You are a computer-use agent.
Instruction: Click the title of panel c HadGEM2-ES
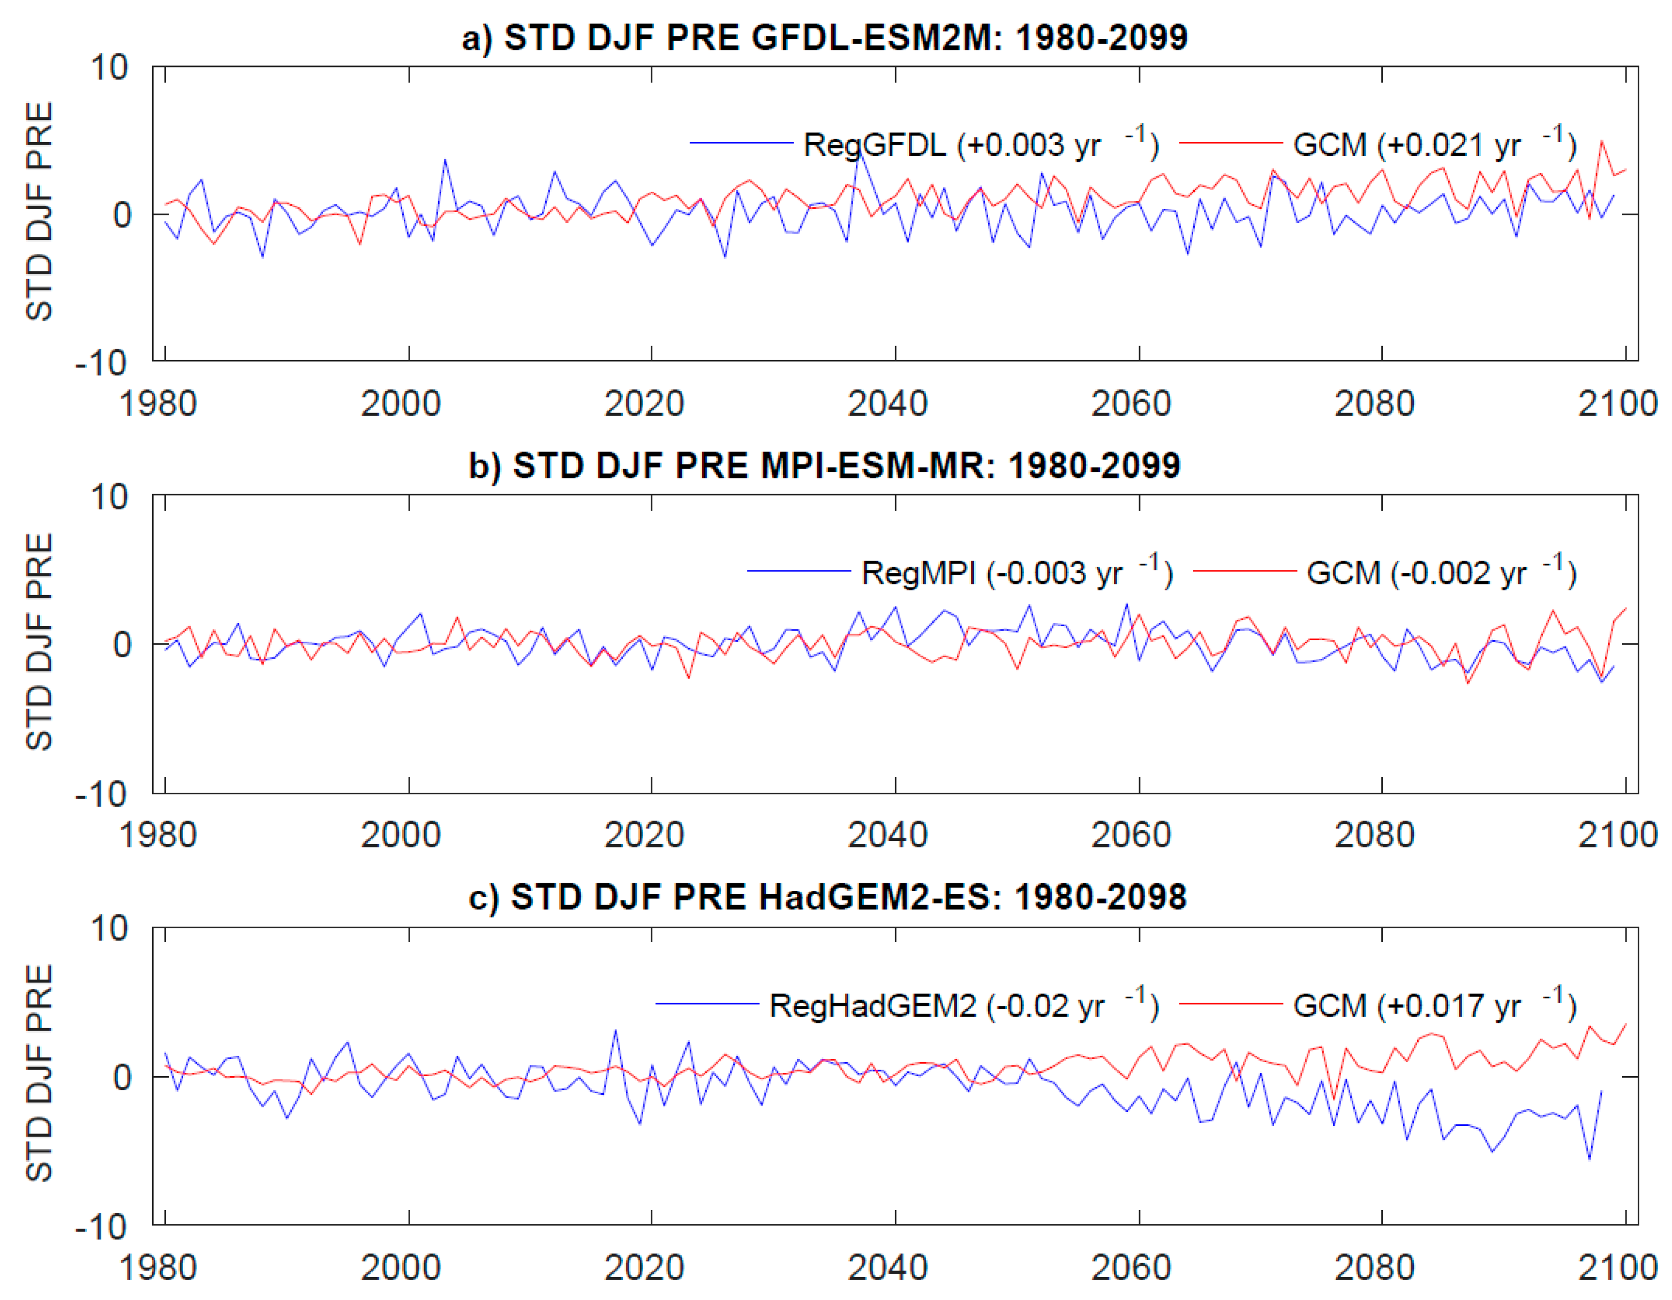(827, 897)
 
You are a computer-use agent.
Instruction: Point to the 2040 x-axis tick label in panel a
(887, 403)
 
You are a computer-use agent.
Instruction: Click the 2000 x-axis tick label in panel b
(401, 835)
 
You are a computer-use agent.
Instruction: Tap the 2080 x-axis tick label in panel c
(1374, 1267)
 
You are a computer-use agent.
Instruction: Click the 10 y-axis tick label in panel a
(109, 67)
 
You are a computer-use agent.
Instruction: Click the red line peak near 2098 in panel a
(1601, 141)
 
